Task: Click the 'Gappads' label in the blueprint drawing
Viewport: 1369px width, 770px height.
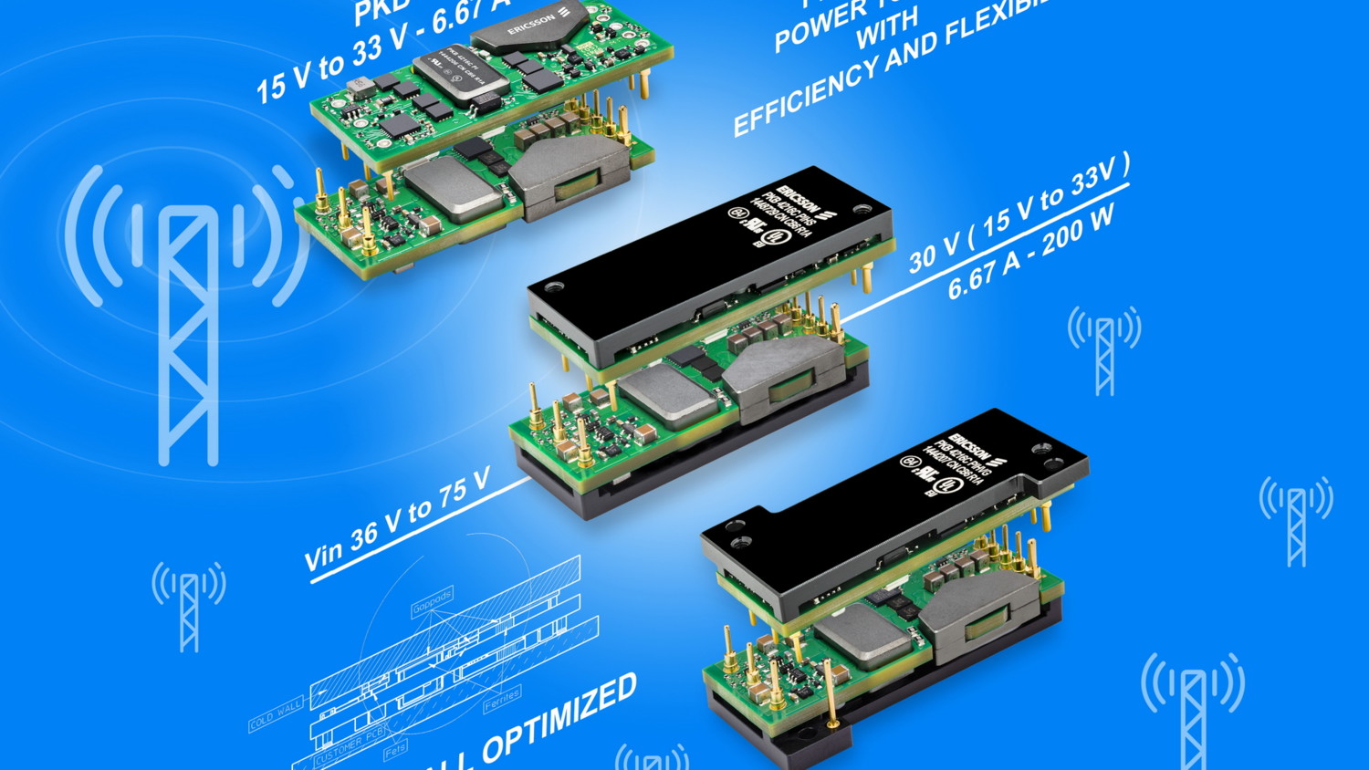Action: [432, 603]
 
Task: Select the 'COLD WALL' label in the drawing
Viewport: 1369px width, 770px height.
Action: [276, 714]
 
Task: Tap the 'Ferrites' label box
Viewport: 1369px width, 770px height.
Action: [502, 700]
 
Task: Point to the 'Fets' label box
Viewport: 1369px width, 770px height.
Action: [395, 751]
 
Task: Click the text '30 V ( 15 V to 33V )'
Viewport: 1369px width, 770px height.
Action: [1018, 214]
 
